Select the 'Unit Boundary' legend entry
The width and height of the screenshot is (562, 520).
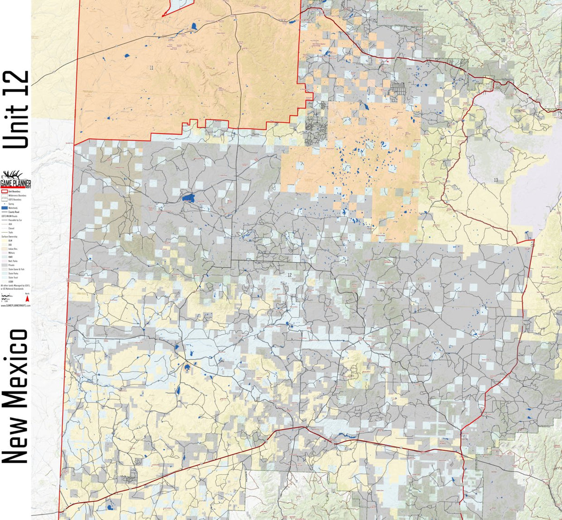tap(12, 192)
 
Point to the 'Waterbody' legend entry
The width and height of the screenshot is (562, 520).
tap(12, 208)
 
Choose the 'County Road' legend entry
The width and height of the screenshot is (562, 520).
tap(12, 212)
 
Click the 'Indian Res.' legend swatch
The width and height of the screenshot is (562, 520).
tap(5, 249)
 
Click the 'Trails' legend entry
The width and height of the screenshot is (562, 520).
tap(12, 232)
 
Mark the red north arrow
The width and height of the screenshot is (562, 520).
tap(28, 299)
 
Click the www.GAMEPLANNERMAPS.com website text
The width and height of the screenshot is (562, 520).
tap(15, 305)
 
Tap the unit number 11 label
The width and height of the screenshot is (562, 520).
tap(151, 68)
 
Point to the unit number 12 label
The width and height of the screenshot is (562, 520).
tap(290, 275)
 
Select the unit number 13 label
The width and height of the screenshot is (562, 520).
tap(495, 180)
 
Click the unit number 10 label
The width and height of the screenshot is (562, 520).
tap(503, 40)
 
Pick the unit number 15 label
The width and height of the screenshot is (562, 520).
tap(311, 455)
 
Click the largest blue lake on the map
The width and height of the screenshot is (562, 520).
tap(189, 198)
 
